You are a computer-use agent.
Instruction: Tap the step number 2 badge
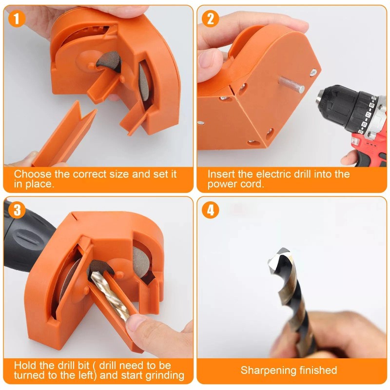(211, 19)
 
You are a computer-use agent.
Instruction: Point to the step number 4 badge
(211, 210)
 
